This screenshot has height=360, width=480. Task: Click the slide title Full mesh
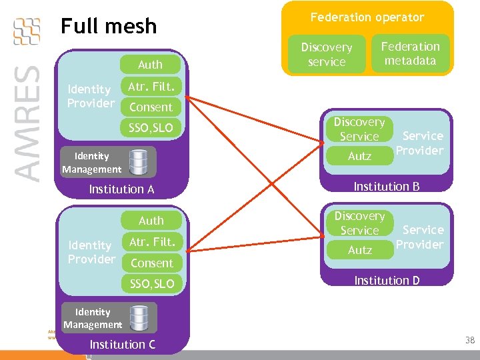(108, 26)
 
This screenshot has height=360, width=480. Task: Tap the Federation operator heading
(367, 17)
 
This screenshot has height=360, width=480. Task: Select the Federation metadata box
(410, 53)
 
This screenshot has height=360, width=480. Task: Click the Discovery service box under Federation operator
(326, 55)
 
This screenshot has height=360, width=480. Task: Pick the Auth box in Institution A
(150, 64)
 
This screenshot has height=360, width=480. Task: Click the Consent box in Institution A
(151, 107)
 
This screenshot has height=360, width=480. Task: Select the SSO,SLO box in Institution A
(151, 127)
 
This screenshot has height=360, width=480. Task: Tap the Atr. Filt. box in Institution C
(151, 241)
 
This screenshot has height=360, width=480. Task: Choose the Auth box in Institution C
(151, 220)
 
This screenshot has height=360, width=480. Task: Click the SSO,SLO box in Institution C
(151, 284)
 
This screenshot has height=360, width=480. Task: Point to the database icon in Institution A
(139, 161)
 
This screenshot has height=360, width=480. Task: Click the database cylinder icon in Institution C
(139, 317)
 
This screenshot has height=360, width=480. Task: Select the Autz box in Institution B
(359, 156)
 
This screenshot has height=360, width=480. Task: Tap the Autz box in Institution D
(359, 250)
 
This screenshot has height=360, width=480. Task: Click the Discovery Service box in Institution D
(359, 223)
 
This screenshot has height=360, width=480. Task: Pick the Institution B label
(386, 186)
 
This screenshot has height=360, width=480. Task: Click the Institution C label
(122, 344)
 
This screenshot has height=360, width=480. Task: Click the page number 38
(469, 340)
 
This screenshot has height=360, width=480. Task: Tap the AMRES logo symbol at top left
(27, 31)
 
